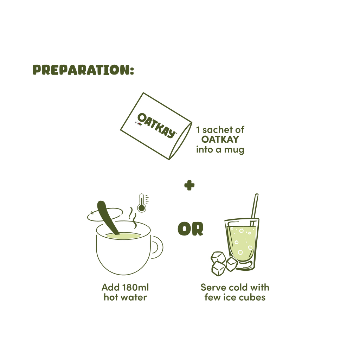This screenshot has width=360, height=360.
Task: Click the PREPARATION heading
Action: (83, 70)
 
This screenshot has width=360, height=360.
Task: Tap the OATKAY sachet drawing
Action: (155, 127)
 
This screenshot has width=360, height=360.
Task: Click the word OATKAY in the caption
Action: (220, 140)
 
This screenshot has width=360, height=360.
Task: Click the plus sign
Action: (189, 185)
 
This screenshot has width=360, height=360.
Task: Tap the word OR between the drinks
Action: (190, 229)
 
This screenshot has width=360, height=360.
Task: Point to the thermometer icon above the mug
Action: (142, 203)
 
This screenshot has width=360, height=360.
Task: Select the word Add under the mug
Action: (108, 288)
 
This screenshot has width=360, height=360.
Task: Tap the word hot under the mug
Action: (109, 298)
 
